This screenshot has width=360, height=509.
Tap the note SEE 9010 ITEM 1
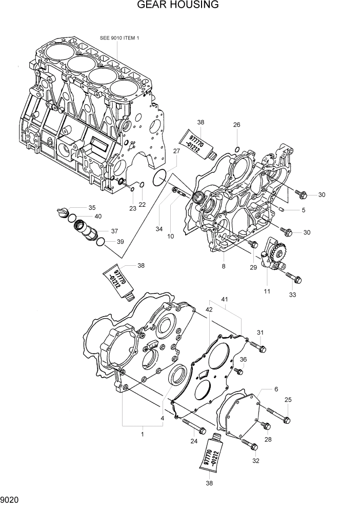click(119, 38)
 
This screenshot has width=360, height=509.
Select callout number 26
click(236, 125)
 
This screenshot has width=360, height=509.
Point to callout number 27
click(176, 151)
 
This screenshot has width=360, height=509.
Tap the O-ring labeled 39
click(102, 242)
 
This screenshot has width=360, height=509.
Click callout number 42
click(209, 310)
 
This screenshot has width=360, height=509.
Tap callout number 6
click(276, 389)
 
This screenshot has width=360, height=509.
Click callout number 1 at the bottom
click(142, 434)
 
